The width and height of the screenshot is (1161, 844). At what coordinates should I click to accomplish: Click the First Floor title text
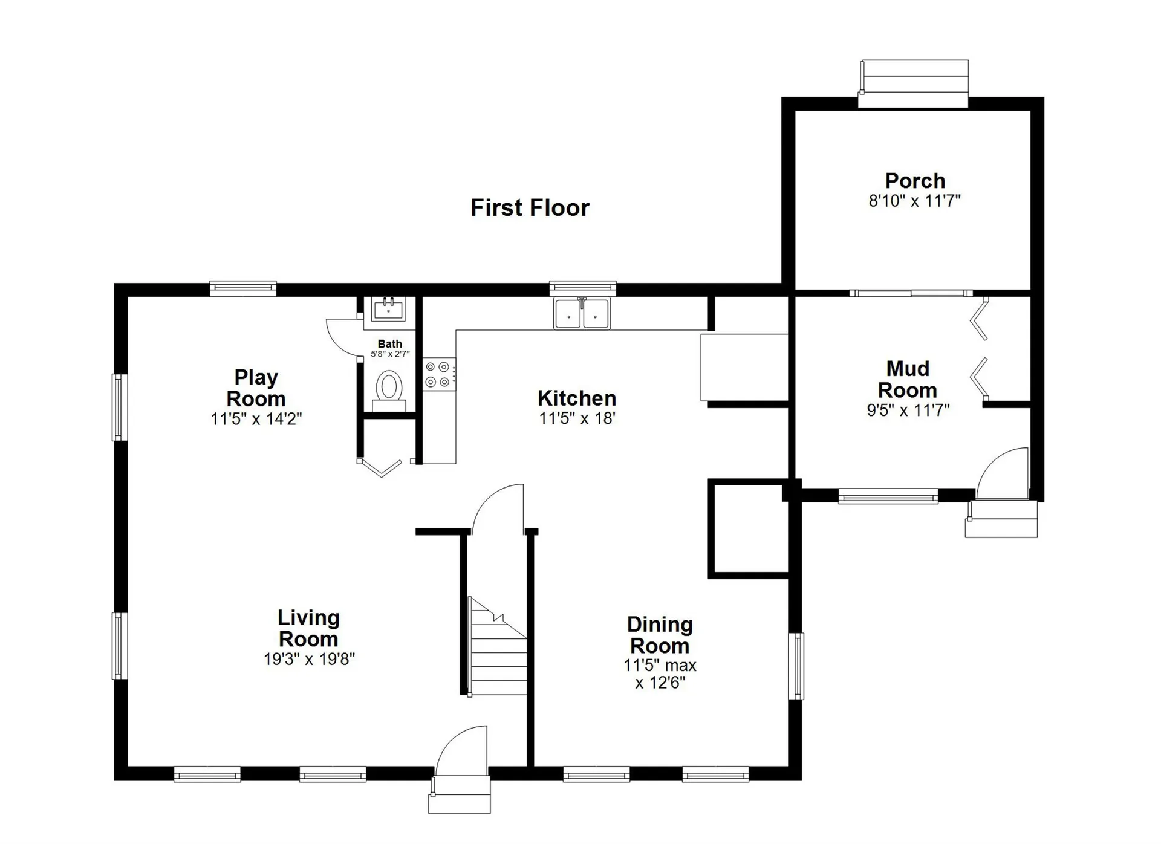pos(530,208)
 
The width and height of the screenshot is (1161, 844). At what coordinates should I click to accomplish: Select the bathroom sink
pos(389,310)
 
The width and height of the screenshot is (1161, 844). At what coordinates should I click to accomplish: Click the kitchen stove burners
pos(438,374)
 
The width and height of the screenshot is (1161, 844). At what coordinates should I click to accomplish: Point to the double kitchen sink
pos(582,313)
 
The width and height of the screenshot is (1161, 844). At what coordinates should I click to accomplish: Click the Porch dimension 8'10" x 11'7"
pos(914,201)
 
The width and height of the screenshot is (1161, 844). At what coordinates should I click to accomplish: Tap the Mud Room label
pos(907,379)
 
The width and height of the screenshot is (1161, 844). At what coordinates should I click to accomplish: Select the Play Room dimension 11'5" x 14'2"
pos(256,418)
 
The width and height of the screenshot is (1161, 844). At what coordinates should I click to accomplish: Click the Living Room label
pos(308,628)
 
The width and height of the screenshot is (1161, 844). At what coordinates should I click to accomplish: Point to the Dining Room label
pos(659,635)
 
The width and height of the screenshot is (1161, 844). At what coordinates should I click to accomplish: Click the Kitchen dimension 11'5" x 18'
pos(577,418)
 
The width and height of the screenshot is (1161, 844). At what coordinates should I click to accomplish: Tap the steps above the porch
pos(914,83)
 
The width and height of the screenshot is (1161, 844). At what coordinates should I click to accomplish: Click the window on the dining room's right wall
pos(798,666)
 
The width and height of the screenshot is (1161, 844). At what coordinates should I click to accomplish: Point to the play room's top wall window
pos(242,288)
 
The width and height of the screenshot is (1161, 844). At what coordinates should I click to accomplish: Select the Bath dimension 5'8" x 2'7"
pos(390,354)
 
